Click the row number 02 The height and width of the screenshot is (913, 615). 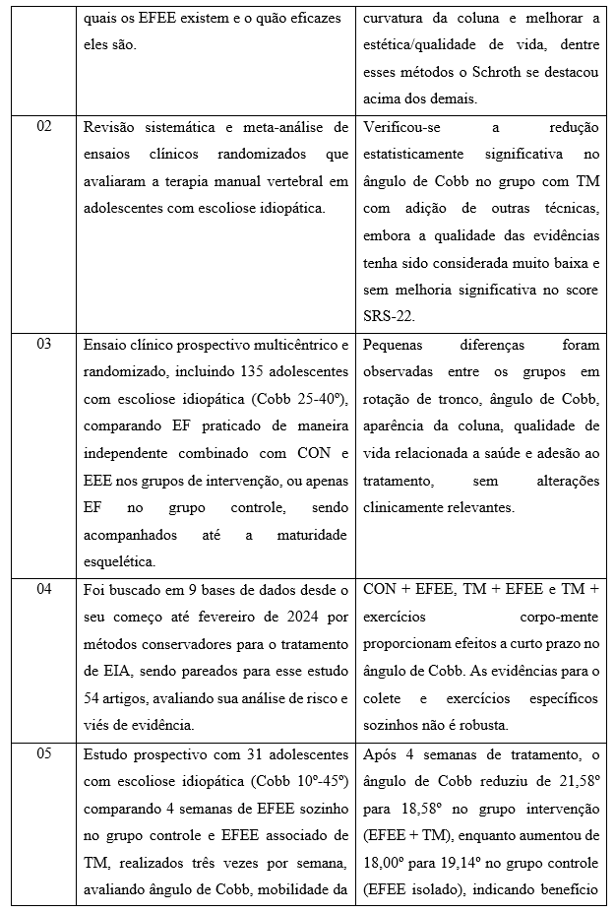[44, 127]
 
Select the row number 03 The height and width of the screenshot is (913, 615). [44, 345]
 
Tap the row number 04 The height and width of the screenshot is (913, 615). [44, 589]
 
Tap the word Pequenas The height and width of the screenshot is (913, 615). [397, 346]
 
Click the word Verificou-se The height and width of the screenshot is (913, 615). [403, 127]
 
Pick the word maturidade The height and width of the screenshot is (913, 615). [306, 536]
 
